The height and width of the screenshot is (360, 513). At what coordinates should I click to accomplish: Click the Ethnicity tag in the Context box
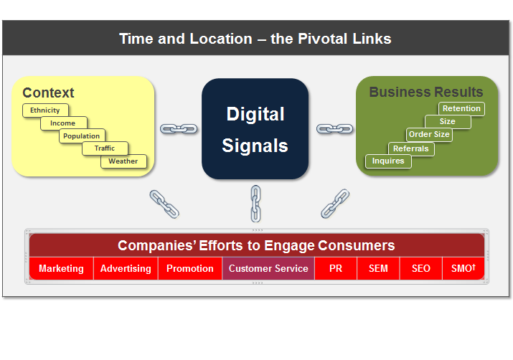pos(45,110)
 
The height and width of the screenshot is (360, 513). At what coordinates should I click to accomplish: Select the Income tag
pos(63,123)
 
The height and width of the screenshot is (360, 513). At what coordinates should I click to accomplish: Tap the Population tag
pos(82,136)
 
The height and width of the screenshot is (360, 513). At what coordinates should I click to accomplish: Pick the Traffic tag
pos(105,148)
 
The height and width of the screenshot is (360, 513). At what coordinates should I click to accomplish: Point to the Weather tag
pos(123,161)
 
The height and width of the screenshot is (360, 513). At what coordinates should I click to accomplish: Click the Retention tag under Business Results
pos(461,109)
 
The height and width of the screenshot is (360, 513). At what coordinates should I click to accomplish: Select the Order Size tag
pos(429,135)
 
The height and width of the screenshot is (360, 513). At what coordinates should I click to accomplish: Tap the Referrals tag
pos(410,148)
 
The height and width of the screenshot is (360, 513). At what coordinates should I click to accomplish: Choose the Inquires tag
pos(388,161)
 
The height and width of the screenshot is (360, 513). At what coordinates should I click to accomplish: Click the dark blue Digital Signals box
pos(255,129)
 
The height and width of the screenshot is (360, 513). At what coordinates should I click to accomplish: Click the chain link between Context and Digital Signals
pos(179,129)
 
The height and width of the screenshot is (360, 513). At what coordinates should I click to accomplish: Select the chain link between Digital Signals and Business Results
pos(334,129)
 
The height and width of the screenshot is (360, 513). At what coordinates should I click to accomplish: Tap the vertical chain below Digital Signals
pos(255,203)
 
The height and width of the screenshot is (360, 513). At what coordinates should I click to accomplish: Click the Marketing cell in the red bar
pos(61,269)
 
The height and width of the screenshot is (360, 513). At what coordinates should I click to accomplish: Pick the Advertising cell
pos(126,269)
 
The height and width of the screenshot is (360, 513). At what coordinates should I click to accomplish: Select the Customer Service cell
pos(268,269)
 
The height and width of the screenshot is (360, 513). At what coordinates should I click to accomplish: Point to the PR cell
pos(336,269)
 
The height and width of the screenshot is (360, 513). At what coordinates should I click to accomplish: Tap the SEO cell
pos(421,269)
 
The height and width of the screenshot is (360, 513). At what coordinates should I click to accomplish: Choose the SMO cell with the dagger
pos(463,269)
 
